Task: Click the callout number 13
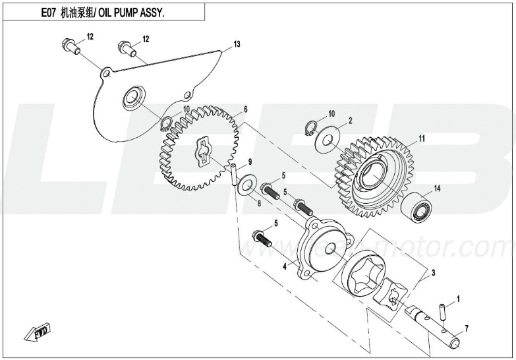click(237, 44)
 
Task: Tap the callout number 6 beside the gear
click(245, 109)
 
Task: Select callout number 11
click(422, 139)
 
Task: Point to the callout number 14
click(436, 190)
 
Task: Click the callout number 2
click(351, 121)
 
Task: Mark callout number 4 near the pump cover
click(284, 266)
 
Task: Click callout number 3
click(433, 272)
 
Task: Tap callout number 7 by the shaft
click(466, 328)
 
